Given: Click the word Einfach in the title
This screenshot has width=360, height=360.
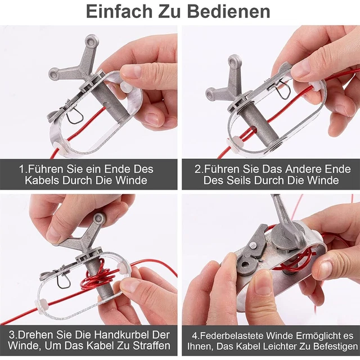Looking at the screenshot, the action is pos(119,11).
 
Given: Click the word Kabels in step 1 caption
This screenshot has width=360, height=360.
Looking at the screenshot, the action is pos(42,180).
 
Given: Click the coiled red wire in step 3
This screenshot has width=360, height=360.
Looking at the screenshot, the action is pos(101,274).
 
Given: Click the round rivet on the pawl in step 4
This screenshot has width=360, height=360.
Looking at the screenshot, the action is pos(253,245).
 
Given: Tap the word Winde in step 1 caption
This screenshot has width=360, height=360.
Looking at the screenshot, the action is pos(132,180).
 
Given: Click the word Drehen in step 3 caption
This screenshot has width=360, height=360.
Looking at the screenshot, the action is pos(34,335).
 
